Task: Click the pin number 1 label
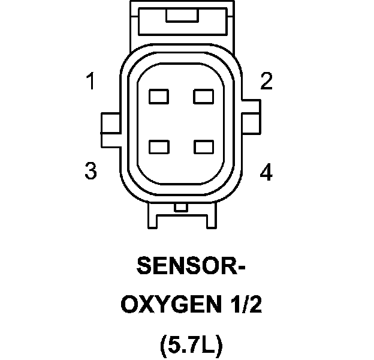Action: [x=91, y=81]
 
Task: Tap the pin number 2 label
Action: [x=266, y=81]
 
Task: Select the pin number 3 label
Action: [x=91, y=172]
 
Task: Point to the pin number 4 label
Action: [x=266, y=173]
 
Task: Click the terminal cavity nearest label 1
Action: [x=159, y=96]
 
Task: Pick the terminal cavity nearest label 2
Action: [x=204, y=96]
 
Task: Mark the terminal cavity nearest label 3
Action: [x=159, y=146]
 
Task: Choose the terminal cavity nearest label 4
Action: [x=204, y=146]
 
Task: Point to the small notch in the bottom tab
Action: [x=180, y=208]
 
